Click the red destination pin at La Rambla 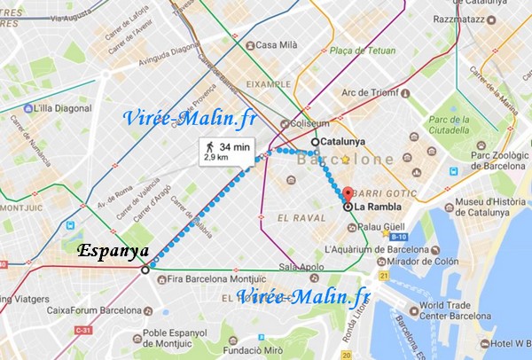pyautogui.click(x=347, y=194)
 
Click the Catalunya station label pyautogui.click(x=342, y=141)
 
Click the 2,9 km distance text pyautogui.click(x=217, y=158)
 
